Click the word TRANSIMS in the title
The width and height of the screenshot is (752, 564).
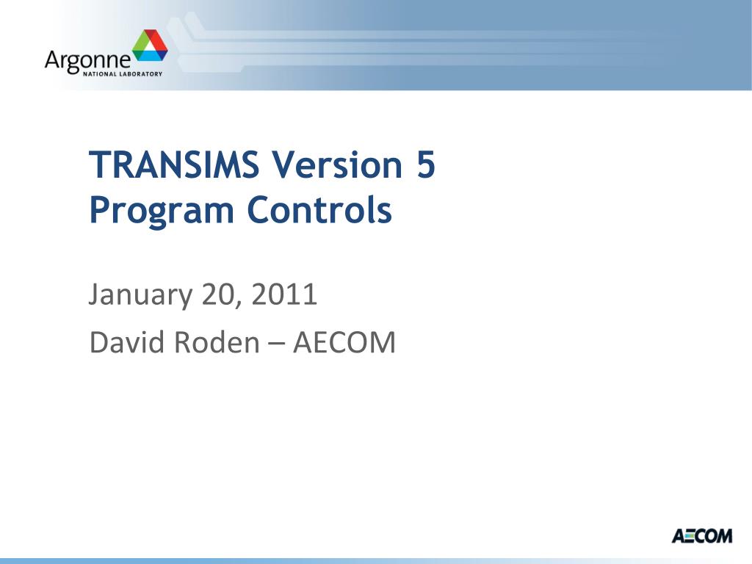tap(174, 164)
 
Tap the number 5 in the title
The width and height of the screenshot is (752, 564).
tap(426, 164)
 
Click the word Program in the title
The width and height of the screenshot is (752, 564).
tap(162, 211)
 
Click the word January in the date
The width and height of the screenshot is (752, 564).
tap(140, 296)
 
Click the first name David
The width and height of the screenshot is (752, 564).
tap(126, 342)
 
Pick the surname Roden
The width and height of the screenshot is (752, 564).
tap(217, 342)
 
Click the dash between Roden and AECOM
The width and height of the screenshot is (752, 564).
tap(276, 344)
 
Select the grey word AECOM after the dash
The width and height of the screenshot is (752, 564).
tap(344, 342)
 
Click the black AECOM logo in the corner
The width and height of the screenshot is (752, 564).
tap(702, 535)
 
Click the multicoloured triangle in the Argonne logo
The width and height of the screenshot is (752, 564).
tap(150, 45)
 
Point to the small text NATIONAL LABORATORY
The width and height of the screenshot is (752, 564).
tap(123, 74)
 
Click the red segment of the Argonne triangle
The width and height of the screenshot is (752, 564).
tap(156, 40)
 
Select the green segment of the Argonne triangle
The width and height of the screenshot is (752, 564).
tap(140, 43)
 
